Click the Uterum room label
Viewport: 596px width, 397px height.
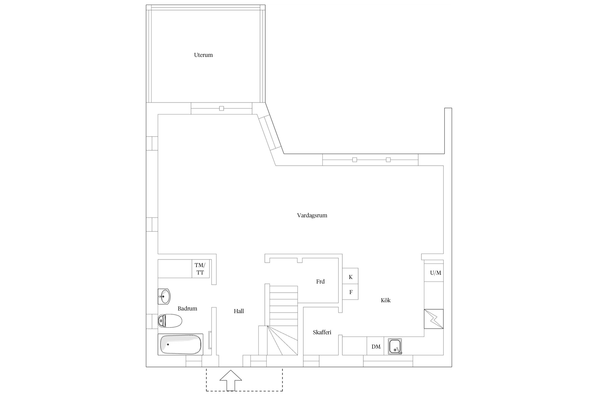(x=203, y=55)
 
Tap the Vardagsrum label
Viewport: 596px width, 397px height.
(x=312, y=215)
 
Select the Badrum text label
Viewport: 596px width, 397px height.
(x=187, y=308)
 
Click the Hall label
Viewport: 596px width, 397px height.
(x=239, y=311)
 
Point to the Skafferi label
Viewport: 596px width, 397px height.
(x=322, y=332)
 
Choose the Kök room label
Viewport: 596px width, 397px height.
(x=386, y=300)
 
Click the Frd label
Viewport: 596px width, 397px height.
(x=320, y=282)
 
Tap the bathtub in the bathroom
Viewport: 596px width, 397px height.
(x=180, y=344)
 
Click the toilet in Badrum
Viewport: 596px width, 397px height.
(x=170, y=321)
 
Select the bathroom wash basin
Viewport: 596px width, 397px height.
(x=164, y=296)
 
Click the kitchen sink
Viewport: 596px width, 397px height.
(x=395, y=346)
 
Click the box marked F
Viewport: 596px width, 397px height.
(x=350, y=292)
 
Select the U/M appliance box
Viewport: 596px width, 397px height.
(x=434, y=273)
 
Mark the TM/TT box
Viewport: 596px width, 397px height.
(x=201, y=269)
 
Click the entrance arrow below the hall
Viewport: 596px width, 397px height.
(x=231, y=380)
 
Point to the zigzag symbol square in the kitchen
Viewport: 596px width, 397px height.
(x=434, y=319)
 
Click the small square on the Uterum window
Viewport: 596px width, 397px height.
(x=221, y=108)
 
